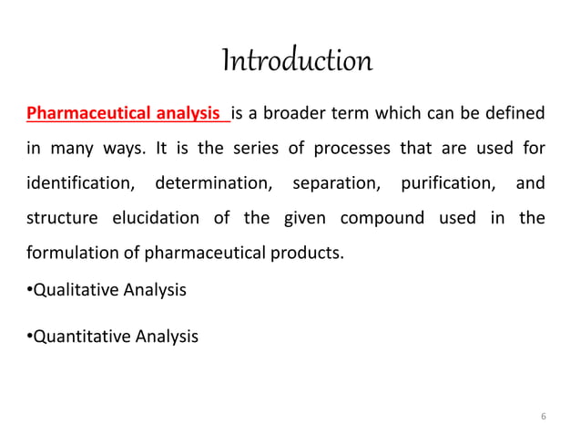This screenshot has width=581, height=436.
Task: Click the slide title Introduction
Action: click(297, 61)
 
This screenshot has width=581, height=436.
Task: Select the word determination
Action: click(213, 183)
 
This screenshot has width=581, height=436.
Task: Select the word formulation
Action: click(67, 253)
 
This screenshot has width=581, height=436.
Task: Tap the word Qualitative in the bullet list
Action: click(67, 291)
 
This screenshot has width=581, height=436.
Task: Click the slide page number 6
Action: click(544, 416)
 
